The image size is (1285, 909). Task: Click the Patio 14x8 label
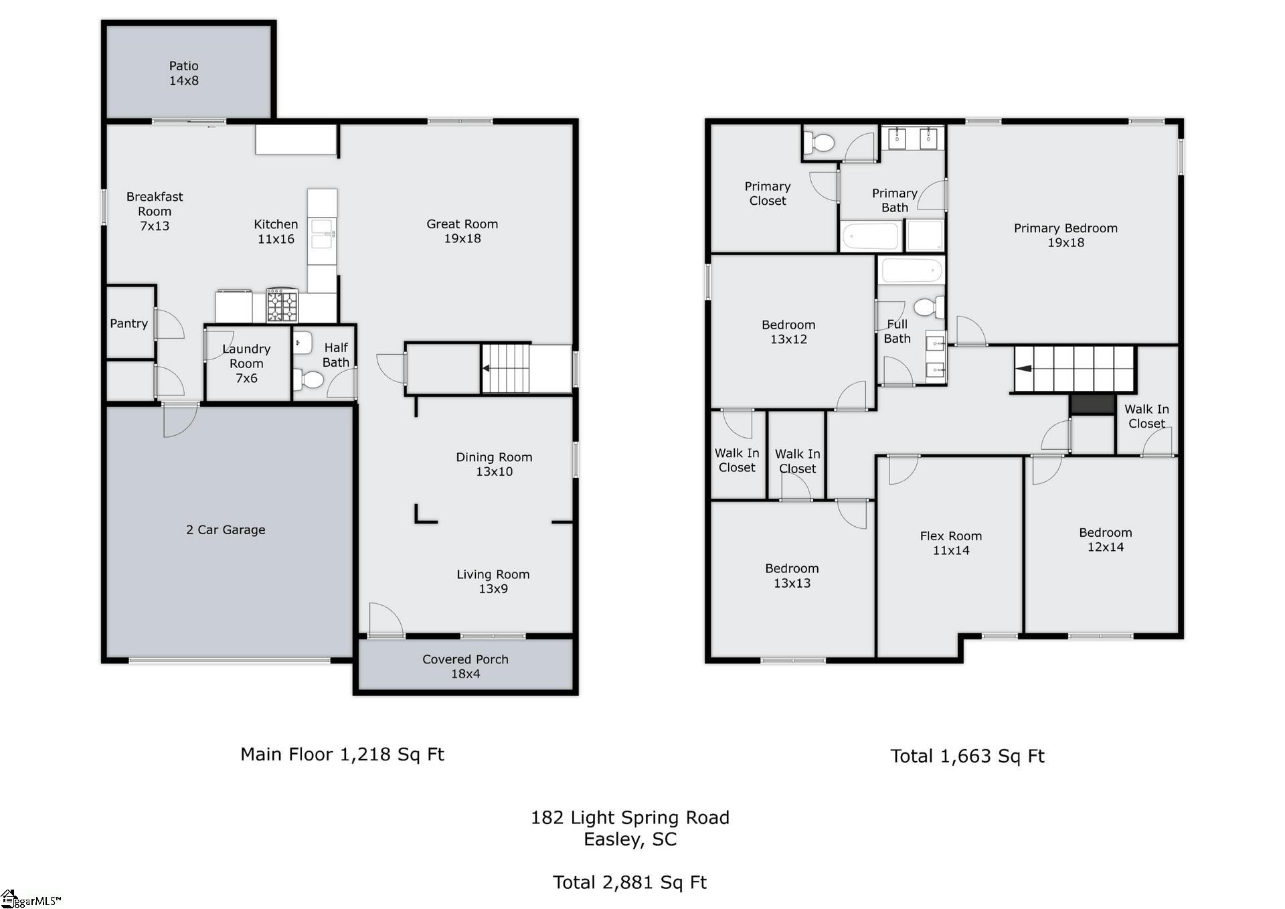183,73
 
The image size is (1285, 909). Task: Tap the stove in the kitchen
282,306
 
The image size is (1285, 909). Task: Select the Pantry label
128,323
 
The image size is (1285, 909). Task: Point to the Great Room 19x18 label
462,231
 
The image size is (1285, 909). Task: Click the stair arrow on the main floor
487,368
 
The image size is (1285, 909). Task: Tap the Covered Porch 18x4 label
465,666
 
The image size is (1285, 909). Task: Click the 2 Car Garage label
226,529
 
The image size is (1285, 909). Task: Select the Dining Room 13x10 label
494,464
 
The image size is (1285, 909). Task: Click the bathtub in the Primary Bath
870,236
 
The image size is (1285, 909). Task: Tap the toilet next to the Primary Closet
821,142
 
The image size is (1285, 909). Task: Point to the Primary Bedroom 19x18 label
1065,235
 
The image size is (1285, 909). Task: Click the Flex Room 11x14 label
950,543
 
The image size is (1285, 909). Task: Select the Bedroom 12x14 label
1105,540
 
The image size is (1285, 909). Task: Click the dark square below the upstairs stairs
1092,404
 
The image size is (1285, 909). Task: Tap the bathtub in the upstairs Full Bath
912,272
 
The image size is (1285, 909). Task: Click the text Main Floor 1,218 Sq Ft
342,754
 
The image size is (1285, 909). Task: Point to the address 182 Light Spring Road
630,817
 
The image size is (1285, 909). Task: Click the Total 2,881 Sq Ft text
630,882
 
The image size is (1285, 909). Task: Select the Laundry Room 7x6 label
246,363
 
